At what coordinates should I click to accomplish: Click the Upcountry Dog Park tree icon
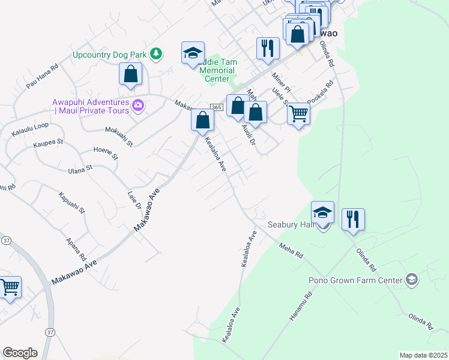pyautogui.click(x=156, y=54)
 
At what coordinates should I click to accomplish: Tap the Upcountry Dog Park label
pyautogui.click(x=110, y=55)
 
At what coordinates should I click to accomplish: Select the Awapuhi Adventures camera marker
pyautogui.click(x=139, y=106)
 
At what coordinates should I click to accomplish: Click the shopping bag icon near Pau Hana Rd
pyautogui.click(x=130, y=74)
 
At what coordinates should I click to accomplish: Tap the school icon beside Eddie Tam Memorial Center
pyautogui.click(x=193, y=53)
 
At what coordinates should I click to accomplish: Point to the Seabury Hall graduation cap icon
pyautogui.click(x=322, y=212)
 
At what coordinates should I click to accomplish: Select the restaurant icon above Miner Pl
pyautogui.click(x=268, y=47)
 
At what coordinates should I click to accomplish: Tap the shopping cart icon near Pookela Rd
pyautogui.click(x=298, y=113)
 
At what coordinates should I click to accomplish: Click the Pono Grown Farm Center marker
pyautogui.click(x=411, y=279)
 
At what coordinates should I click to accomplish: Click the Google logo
pyautogui.click(x=20, y=353)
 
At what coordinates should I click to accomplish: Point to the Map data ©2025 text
pyautogui.click(x=423, y=355)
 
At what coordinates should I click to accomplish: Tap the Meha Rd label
pyautogui.click(x=291, y=250)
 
